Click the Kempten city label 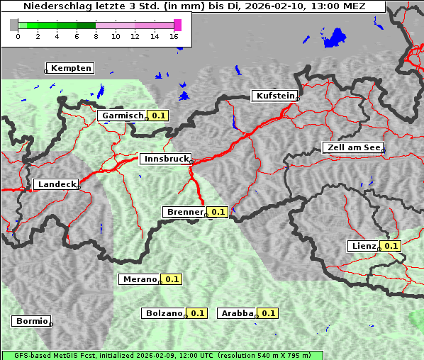point(71,68)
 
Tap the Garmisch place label point(123,115)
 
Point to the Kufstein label point(274,96)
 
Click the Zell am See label point(352,147)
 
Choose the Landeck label point(55,184)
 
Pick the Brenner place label point(184,211)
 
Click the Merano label point(139,279)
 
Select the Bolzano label point(164,313)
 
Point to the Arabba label point(237,313)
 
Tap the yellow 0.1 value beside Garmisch point(157,115)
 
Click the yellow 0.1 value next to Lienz point(391,246)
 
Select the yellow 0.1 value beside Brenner point(218,211)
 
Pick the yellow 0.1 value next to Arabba point(268,313)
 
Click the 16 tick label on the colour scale point(174,36)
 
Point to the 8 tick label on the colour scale point(96,36)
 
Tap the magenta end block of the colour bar point(177,25)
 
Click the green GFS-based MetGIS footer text point(162,355)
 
